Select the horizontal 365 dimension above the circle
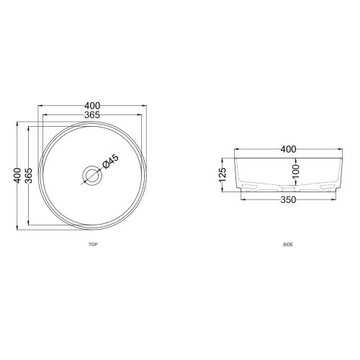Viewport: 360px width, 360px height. tap(91, 115)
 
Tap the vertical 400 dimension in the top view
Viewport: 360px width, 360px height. tap(17, 176)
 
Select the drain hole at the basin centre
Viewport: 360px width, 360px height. tap(91, 176)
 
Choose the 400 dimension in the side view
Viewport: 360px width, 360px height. tap(288, 149)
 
